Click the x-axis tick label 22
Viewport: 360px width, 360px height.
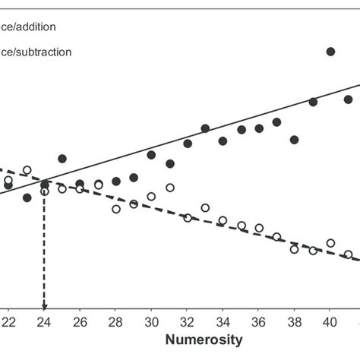pyautogui.click(x=8, y=321)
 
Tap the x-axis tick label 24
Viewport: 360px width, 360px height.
pyautogui.click(x=44, y=321)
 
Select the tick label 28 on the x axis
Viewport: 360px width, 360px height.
pyautogui.click(x=115, y=321)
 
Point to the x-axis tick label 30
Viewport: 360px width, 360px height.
pyautogui.click(x=151, y=321)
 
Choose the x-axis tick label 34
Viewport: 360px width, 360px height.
pyautogui.click(x=223, y=321)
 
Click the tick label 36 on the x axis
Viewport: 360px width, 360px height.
pyautogui.click(x=258, y=321)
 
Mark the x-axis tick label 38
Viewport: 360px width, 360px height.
pyautogui.click(x=294, y=321)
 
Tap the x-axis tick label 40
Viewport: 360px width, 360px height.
pyautogui.click(x=330, y=321)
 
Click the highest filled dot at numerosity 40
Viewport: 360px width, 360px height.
pyautogui.click(x=330, y=52)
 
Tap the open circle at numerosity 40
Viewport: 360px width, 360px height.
pyautogui.click(x=330, y=243)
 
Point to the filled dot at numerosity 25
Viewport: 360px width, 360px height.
pyautogui.click(x=62, y=159)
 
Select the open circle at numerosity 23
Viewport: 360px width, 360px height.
pyautogui.click(x=27, y=170)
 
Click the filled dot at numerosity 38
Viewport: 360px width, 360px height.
pyautogui.click(x=294, y=140)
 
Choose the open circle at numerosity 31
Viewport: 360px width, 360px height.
pyautogui.click(x=169, y=188)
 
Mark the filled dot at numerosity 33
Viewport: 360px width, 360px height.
pyautogui.click(x=205, y=128)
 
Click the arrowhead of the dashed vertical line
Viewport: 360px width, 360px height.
pyautogui.click(x=44, y=307)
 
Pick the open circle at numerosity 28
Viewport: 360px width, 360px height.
pyautogui.click(x=116, y=209)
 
